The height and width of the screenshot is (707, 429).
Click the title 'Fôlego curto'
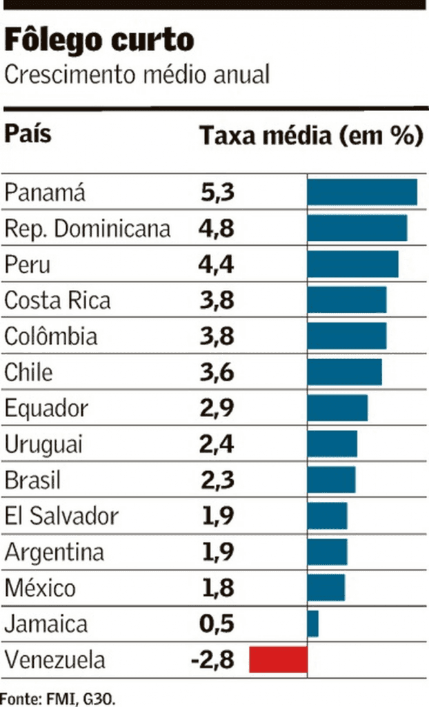point(99,41)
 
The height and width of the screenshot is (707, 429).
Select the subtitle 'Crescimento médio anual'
point(137,75)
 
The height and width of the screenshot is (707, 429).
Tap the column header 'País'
point(28,133)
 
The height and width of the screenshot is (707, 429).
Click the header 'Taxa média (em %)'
point(311,135)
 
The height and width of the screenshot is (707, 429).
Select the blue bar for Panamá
point(362,192)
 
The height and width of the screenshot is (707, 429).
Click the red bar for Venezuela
point(278,659)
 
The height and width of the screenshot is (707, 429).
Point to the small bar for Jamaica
point(312,623)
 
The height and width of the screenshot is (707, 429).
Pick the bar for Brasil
point(331,480)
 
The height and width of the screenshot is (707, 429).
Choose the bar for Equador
point(337,408)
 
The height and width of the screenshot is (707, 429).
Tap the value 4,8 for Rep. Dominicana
point(217,229)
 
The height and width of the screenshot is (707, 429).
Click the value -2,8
point(212,660)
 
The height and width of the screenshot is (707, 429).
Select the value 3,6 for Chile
point(217,372)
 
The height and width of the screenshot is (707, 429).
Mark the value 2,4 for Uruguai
point(217,444)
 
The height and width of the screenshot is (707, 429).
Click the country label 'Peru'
point(28,264)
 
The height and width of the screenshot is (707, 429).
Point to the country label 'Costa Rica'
point(57,300)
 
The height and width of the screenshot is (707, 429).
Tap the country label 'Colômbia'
point(51,336)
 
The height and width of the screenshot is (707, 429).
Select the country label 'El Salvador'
point(61,516)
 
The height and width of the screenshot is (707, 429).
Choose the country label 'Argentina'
point(54,552)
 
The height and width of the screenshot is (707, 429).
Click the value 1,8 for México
point(217,588)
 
